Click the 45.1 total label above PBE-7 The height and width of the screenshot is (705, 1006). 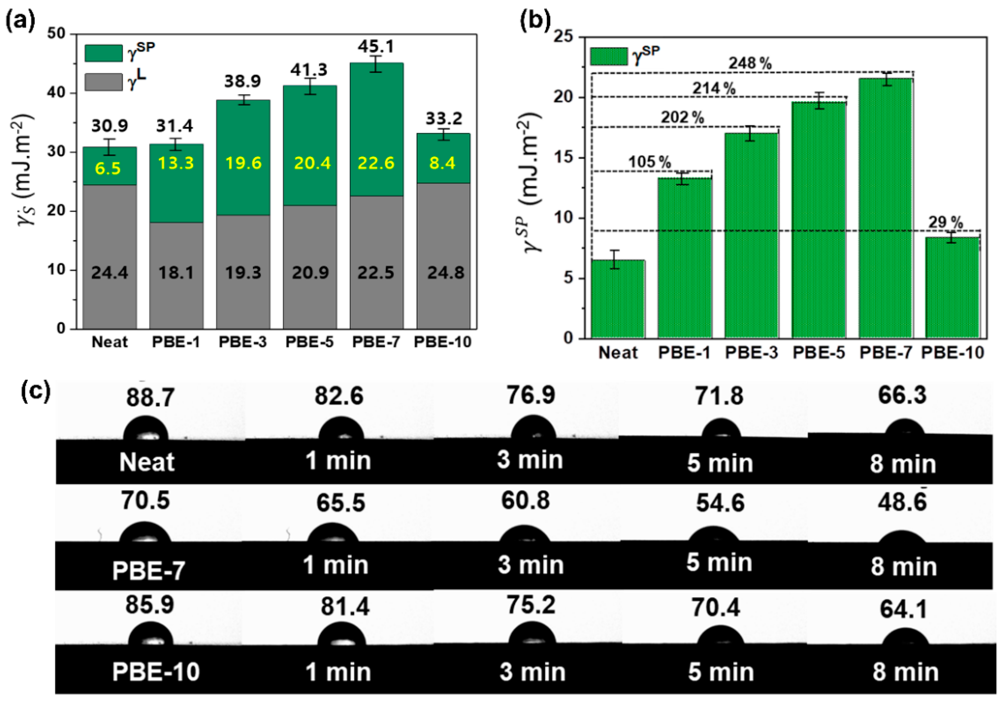pos(376,46)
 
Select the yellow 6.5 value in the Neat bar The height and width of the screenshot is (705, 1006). pos(108,168)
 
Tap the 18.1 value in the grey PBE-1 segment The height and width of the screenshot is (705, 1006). pos(176,273)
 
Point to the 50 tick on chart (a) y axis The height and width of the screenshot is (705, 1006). pos(56,34)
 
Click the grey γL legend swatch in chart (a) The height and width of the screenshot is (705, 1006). pos(104,82)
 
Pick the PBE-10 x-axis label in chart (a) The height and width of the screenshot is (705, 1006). pos(442,342)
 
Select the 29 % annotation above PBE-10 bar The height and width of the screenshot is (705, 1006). pos(946,223)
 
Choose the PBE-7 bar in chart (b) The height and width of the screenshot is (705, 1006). pos(886,208)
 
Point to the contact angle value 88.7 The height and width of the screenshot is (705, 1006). pos(150,398)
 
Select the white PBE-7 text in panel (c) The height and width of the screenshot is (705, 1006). pos(149,571)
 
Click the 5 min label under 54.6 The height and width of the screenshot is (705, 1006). pos(719,562)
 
